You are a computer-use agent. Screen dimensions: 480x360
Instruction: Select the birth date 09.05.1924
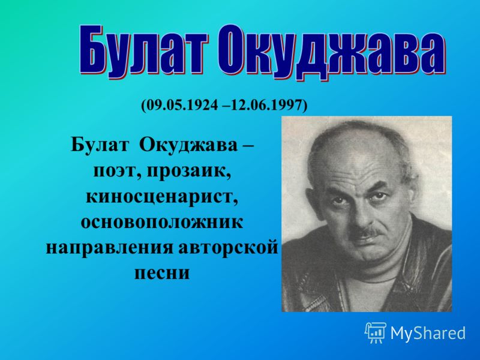coord(182,105)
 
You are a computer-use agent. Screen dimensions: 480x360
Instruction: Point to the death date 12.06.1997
coord(267,105)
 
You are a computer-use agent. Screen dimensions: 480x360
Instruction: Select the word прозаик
coord(189,172)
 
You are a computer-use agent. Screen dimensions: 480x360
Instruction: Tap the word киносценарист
coord(162,197)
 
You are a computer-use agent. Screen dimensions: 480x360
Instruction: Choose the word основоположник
coord(162,222)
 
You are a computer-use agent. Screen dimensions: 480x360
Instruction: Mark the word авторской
coord(228,247)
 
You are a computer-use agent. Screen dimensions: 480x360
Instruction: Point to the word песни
coord(162,273)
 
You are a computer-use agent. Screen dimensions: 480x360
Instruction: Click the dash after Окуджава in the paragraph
coord(247,146)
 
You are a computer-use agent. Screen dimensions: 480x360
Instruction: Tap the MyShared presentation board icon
coord(376,332)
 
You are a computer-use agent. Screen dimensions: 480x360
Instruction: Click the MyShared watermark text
coord(428,333)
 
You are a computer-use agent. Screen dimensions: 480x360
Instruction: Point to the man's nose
coord(361,217)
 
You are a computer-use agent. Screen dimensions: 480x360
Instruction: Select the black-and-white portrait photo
coord(367,214)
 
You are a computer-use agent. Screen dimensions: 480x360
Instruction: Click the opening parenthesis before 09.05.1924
coord(143,106)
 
